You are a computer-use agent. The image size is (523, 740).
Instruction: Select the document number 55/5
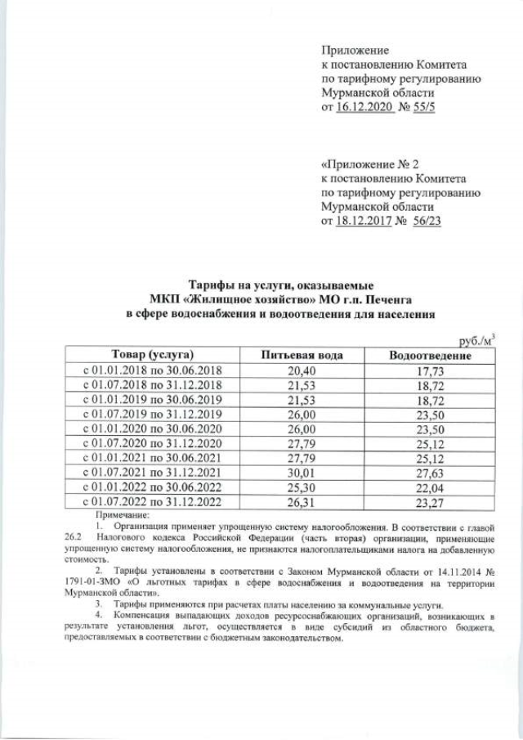(422, 108)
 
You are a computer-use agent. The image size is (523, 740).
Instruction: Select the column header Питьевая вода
(301, 356)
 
